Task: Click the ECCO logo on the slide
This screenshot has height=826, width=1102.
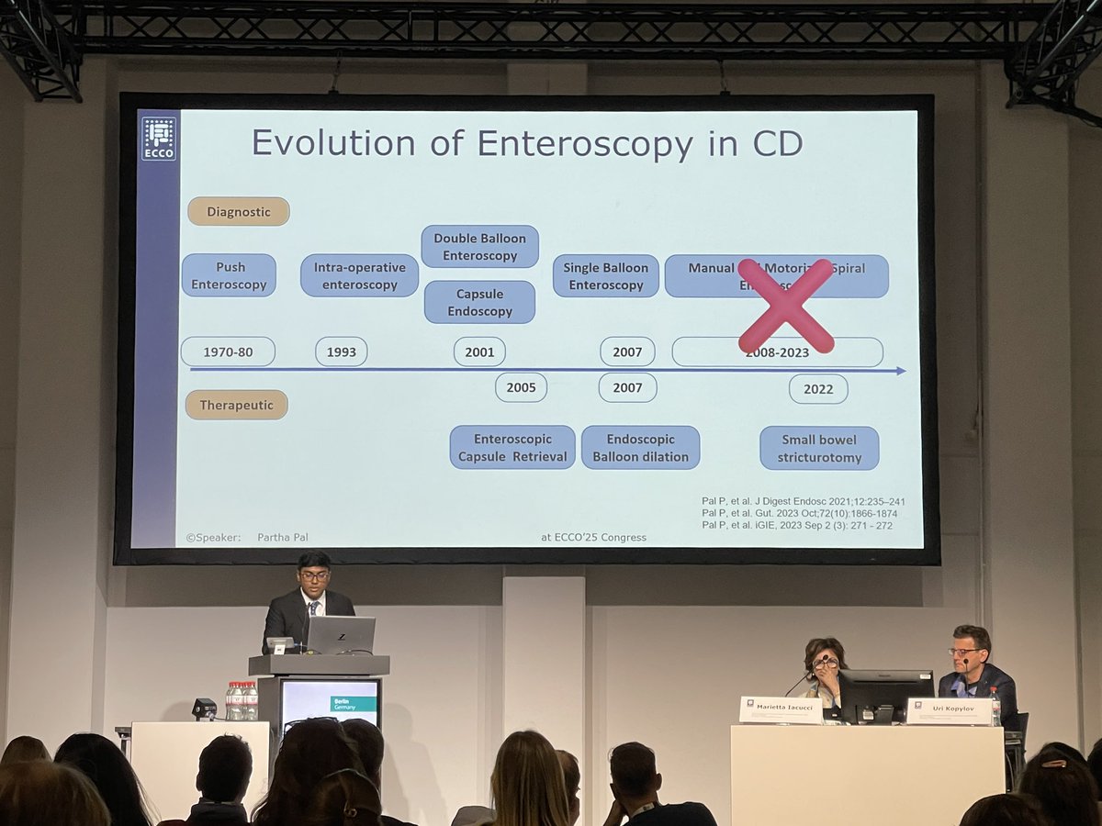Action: pos(158,138)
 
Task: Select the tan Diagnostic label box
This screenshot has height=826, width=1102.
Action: pos(239,211)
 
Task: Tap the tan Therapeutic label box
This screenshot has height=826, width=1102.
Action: pos(236,405)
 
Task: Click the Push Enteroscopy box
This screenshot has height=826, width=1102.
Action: pos(229,275)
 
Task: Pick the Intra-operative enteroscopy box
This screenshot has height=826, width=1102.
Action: pos(359,275)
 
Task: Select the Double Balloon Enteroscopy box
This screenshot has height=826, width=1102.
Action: pos(479,246)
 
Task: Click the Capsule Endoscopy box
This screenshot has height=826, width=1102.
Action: pos(479,302)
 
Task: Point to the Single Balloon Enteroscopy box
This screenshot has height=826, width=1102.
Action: pos(605,275)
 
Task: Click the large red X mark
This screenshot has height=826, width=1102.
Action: pos(786,305)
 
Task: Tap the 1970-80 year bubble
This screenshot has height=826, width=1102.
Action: pos(228,352)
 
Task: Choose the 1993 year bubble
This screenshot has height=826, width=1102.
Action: pos(341,352)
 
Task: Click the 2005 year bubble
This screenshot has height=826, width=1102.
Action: pos(521,387)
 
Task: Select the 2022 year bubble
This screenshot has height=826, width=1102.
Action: pos(817,388)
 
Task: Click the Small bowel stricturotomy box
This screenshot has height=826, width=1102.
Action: pos(818,448)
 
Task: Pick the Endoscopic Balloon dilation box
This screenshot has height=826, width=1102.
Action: pos(640,447)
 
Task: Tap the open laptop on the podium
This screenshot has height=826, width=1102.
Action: pos(340,635)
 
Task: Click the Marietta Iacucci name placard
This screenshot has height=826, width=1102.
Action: pos(782,709)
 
